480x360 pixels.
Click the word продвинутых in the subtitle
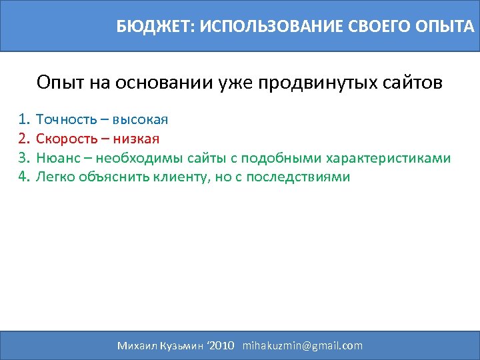pyautogui.click(x=312, y=83)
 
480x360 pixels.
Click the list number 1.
pyautogui.click(x=25, y=120)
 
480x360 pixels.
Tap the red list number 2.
pyautogui.click(x=25, y=139)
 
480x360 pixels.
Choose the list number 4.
pyautogui.click(x=25, y=177)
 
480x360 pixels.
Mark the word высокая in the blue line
pyautogui.click(x=140, y=120)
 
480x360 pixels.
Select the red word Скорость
pyautogui.click(x=66, y=139)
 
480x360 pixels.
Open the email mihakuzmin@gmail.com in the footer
pyautogui.click(x=303, y=345)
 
